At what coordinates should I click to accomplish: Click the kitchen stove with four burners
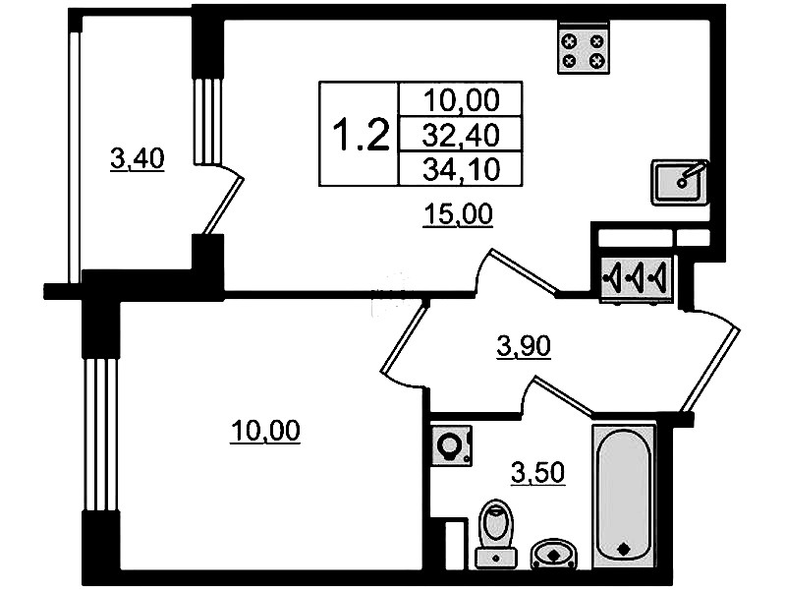coord(584,49)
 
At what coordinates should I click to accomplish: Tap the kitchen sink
coord(680,183)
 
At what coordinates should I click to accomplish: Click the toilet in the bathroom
coord(496,533)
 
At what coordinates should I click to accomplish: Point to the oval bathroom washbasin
coord(554,554)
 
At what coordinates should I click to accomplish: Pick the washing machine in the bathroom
coord(452,445)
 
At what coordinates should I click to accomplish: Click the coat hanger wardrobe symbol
coord(637,278)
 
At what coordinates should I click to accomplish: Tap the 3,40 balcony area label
coord(138,159)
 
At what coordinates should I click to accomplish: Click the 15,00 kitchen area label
coord(458,214)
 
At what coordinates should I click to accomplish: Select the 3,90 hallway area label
coord(524,346)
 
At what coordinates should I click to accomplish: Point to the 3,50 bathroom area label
coord(537,473)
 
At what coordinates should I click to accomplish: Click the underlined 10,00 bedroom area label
coord(265,431)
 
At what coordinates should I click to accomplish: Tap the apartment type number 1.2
coord(361,134)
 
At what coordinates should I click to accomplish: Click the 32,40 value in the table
coord(461,135)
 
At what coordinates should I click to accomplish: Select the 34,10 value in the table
coord(461,169)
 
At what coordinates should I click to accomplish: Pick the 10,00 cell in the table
coord(461,99)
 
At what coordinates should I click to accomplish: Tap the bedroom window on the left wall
coord(100,435)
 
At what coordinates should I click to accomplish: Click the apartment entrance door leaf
coord(711,370)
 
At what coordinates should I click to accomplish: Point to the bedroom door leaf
coord(405,337)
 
